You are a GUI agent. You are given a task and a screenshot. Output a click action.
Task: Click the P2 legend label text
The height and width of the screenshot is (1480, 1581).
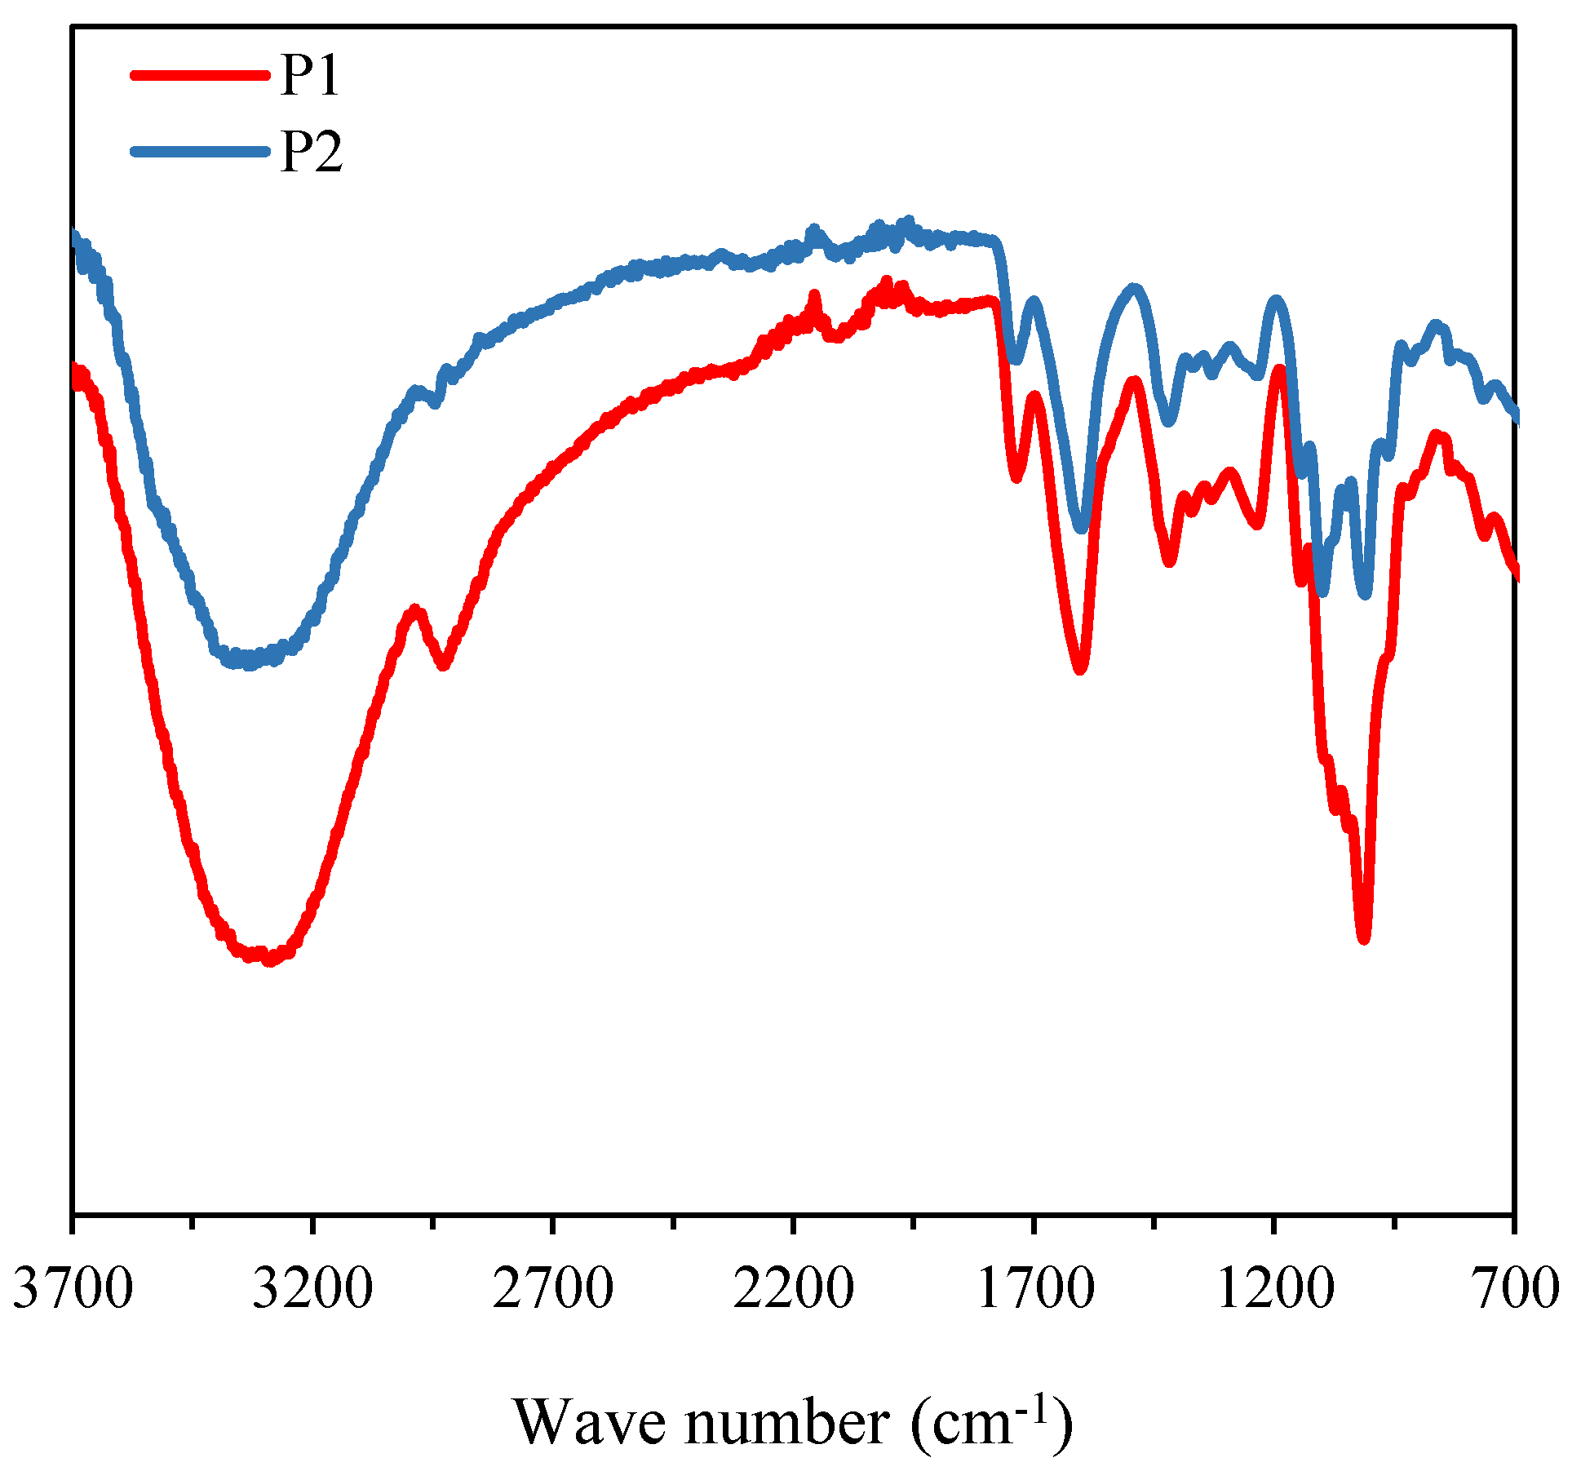coord(311,152)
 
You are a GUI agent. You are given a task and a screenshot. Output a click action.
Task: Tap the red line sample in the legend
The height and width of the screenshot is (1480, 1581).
coord(200,75)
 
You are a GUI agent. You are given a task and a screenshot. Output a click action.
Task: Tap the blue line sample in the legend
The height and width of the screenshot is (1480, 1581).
coord(200,151)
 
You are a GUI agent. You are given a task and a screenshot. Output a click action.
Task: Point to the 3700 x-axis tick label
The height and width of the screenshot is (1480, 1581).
coord(73,1288)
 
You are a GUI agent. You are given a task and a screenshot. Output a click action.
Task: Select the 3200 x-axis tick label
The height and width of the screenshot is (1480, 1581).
coord(312,1288)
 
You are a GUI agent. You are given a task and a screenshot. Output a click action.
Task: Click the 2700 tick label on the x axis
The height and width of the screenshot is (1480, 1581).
coord(552,1288)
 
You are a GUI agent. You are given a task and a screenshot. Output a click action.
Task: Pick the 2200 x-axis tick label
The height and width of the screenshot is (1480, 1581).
coord(792,1288)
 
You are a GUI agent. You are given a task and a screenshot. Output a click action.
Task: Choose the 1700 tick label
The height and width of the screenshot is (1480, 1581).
coord(1034,1288)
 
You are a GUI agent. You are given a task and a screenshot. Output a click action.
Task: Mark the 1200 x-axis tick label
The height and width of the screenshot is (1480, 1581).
coord(1273,1288)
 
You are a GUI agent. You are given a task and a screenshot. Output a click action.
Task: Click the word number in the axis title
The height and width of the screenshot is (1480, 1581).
coord(787,1422)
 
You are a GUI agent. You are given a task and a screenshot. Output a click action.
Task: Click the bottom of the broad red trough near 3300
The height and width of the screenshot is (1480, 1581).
coord(268,960)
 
